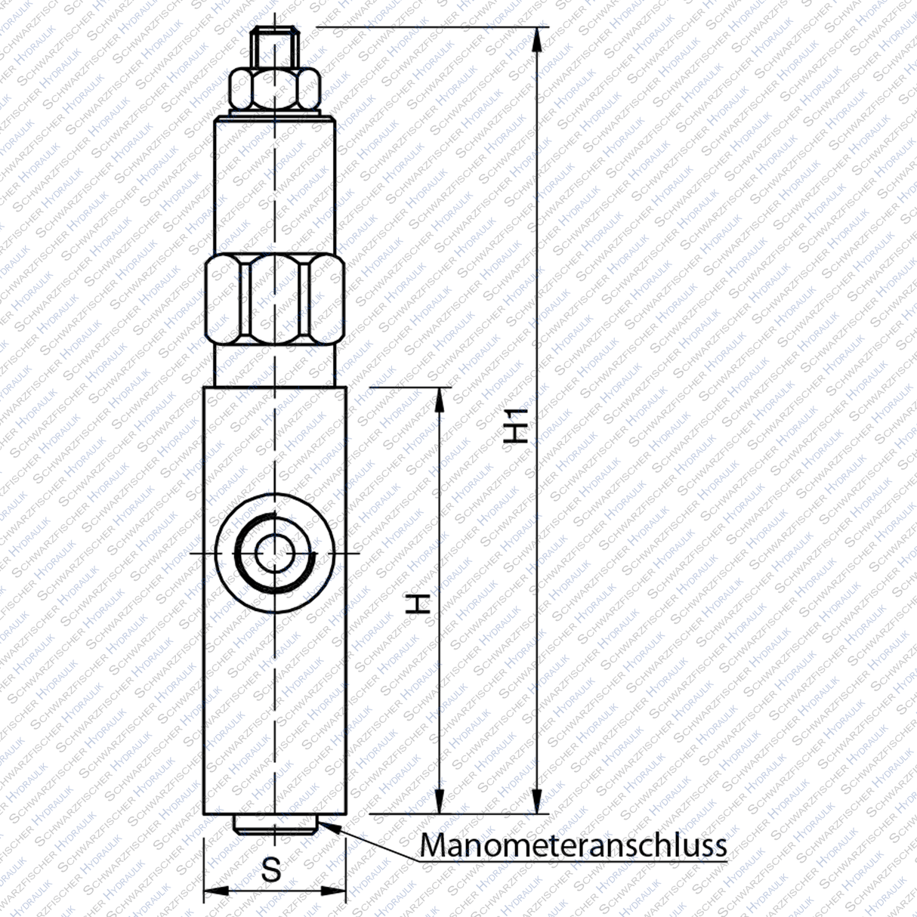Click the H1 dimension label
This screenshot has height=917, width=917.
[517, 427]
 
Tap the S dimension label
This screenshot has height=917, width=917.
[270, 869]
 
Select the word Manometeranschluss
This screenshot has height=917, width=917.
[573, 844]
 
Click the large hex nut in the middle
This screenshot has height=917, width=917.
[276, 300]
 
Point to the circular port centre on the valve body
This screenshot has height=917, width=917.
[276, 553]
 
